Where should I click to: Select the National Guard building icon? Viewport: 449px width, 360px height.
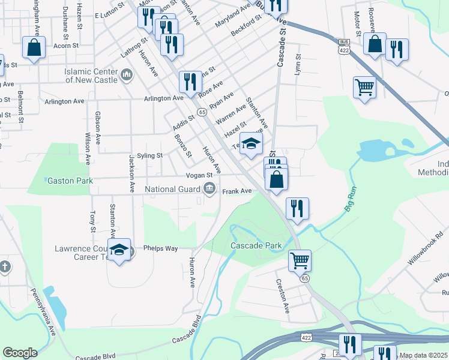[209, 189]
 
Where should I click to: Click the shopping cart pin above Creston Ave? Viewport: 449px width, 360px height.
[300, 261]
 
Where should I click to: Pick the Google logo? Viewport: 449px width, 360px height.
[20, 353]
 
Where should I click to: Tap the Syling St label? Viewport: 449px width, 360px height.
[150, 155]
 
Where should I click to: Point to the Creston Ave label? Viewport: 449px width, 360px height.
[283, 296]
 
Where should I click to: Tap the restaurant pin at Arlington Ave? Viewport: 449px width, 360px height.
[190, 82]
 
